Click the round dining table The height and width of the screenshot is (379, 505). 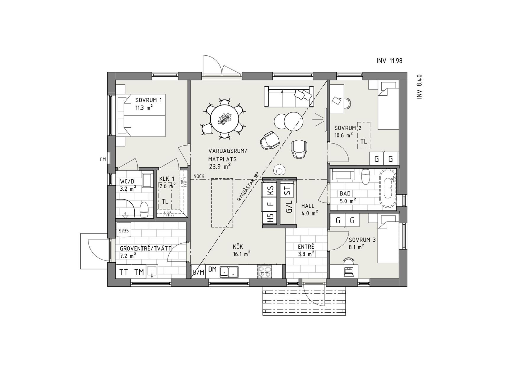pos(225,119)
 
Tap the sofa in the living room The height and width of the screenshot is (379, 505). pos(289,96)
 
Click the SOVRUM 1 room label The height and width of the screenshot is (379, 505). pos(149,100)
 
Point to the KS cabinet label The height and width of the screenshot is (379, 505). pos(271,190)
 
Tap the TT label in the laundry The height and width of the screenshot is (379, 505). pos(124,272)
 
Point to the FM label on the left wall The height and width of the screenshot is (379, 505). pos(103,159)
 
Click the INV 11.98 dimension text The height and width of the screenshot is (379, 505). pos(389,61)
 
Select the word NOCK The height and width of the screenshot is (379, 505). pos(199,176)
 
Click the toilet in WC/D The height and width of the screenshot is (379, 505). pos(144,210)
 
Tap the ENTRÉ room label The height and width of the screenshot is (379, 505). pos(306,247)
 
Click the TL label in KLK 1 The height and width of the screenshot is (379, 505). pos(165,202)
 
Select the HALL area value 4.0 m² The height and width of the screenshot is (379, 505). pos(310,213)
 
